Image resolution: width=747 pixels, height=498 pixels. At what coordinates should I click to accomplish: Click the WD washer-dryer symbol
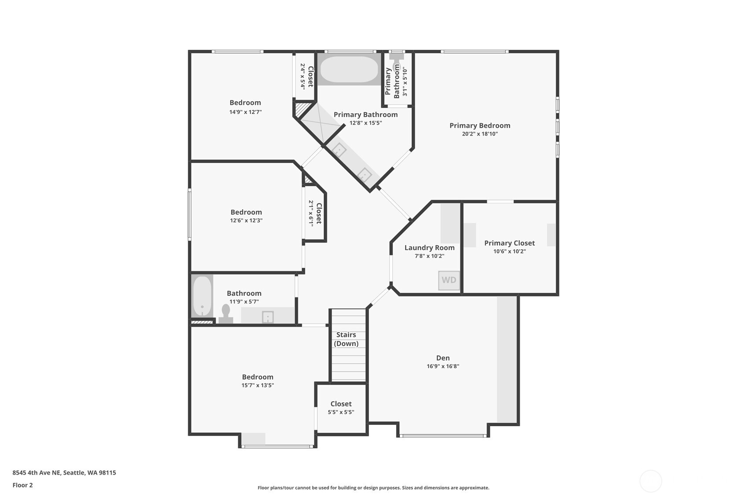[449, 280]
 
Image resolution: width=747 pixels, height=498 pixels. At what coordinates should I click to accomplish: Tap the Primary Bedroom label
[479, 125]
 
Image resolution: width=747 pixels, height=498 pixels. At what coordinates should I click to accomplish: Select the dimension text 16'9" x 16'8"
[442, 366]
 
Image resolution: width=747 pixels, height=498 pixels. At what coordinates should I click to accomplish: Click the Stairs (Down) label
[346, 339]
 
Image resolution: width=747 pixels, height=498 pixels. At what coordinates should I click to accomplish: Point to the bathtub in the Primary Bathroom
[349, 70]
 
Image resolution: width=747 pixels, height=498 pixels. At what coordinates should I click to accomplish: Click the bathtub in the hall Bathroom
[202, 296]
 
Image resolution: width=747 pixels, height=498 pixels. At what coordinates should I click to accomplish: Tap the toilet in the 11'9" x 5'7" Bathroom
[226, 314]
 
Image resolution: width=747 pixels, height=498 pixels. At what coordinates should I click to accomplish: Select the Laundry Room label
[429, 248]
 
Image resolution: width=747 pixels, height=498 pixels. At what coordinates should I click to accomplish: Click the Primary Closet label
[509, 243]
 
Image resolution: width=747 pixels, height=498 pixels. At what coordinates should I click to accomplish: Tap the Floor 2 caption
[22, 485]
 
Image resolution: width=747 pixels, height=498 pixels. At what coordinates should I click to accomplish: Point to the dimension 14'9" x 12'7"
[245, 112]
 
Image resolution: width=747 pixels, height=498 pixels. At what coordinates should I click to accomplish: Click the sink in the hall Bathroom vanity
[268, 317]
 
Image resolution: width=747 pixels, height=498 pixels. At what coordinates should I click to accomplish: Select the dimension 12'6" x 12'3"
[246, 220]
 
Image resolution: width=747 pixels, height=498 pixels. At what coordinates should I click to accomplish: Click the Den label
[442, 358]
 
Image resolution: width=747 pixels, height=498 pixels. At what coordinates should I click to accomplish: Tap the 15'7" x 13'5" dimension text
[258, 385]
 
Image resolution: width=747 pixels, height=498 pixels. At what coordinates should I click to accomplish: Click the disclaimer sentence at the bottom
[373, 487]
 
